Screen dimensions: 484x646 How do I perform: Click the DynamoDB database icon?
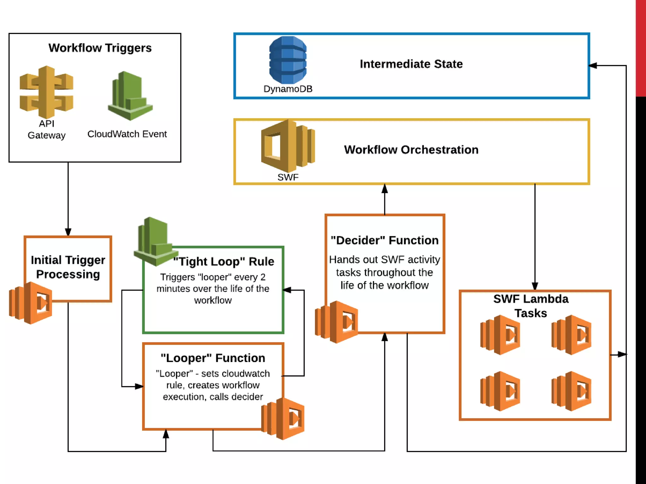[288, 60]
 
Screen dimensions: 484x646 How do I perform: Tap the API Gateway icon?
[46, 92]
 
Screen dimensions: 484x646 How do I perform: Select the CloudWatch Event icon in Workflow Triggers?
[130, 96]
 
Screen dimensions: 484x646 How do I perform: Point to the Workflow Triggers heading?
[100, 48]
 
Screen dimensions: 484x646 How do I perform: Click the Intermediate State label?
[411, 64]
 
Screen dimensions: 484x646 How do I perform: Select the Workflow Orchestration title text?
[411, 150]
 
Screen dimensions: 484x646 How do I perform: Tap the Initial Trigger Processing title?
[68, 267]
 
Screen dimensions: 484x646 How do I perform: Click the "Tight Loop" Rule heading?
[224, 261]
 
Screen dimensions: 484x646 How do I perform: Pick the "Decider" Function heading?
[385, 240]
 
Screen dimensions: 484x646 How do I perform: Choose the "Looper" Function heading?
[213, 358]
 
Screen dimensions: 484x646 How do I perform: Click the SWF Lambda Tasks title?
[531, 306]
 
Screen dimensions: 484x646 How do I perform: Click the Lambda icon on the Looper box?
[283, 418]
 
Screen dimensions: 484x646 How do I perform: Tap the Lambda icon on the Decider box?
[337, 322]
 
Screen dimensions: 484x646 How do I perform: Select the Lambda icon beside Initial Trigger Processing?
[31, 303]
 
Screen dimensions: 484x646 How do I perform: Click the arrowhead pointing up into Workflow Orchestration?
[385, 189]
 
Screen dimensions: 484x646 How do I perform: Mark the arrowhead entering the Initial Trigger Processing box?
[68, 232]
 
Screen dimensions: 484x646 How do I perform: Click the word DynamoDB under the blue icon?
[288, 89]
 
